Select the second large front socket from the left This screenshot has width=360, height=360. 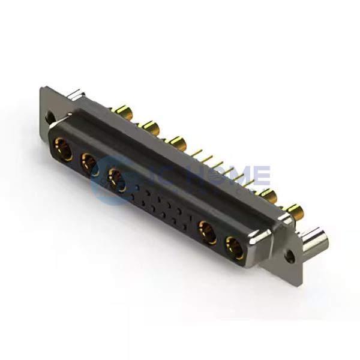[x=89, y=162]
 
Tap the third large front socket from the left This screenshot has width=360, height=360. [x=115, y=178]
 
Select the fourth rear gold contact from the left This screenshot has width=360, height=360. [x=268, y=194]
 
